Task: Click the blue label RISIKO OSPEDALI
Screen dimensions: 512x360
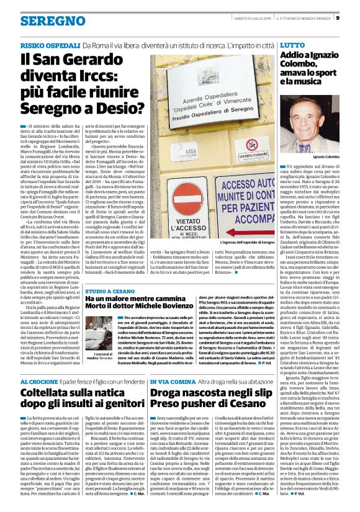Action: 49,46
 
